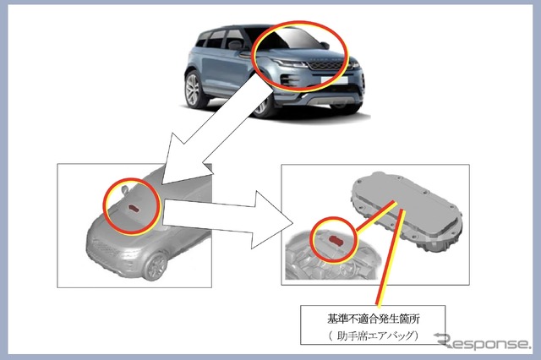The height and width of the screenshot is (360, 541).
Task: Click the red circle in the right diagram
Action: point(314,242)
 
